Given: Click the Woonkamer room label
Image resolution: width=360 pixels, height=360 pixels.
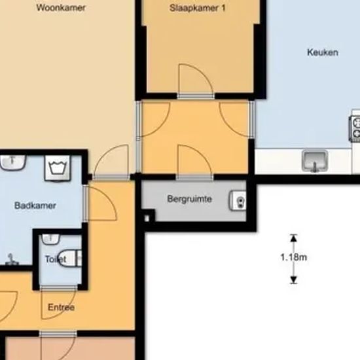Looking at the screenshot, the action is pos(61,8).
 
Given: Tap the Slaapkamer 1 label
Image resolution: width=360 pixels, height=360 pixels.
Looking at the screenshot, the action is pos(198,8).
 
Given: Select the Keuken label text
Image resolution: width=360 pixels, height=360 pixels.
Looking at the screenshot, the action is pos(323,52).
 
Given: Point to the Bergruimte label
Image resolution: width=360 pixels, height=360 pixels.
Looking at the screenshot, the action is pos(189,199).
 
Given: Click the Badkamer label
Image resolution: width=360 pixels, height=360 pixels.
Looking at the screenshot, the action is pos(35,206).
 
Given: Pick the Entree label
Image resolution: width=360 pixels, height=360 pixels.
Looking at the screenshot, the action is pos(61,307).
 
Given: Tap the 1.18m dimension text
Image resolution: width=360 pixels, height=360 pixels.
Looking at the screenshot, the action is pos(294,257).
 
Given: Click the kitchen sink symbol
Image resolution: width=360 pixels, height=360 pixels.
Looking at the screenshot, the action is pos(315,161).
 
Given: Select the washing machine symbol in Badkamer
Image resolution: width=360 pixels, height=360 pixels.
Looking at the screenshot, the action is pos(57,168).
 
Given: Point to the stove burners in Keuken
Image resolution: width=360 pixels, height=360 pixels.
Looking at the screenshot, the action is pos(355,128).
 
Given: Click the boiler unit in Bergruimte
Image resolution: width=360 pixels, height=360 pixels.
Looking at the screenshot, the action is pos(238,200).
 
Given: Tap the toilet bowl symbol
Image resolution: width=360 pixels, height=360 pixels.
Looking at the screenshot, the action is pos(69,258).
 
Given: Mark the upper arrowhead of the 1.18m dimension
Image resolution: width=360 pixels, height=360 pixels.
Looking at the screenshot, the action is pos(293,238).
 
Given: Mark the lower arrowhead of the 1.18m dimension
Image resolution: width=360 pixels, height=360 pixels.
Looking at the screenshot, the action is pos(293,279).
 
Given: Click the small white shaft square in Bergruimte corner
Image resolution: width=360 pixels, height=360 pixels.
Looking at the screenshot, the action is pos(147,219).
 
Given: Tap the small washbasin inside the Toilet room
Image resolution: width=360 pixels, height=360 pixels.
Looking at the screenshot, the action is pos(50,239).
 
